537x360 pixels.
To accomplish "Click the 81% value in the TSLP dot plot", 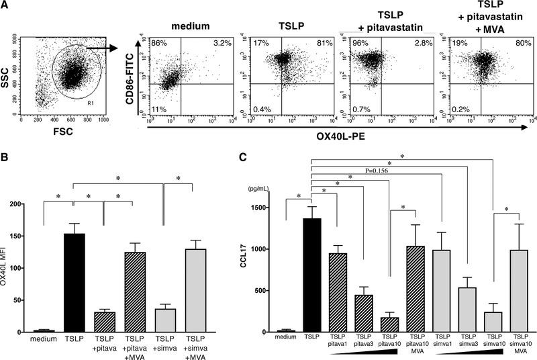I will tap(325, 44).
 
